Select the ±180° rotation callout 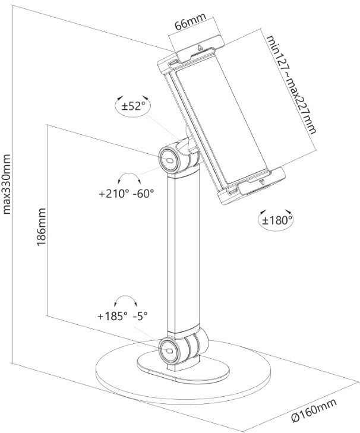[276, 220]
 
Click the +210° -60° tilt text [126, 193]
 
